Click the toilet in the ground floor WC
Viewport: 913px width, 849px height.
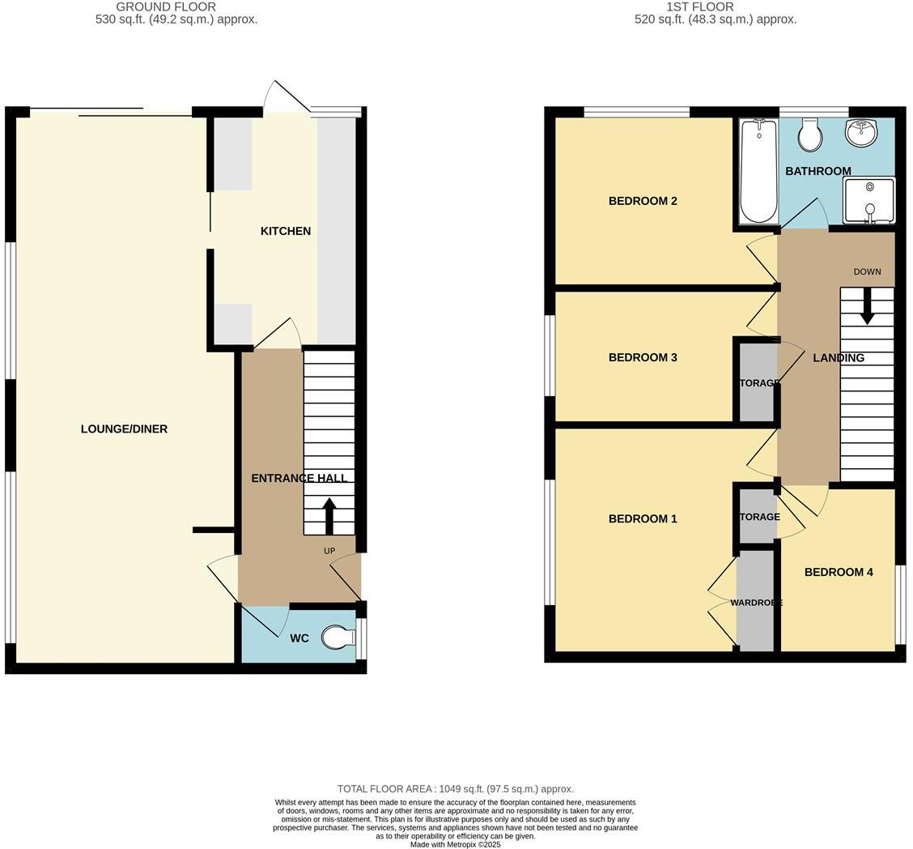338,638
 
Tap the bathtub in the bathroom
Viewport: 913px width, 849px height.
758,170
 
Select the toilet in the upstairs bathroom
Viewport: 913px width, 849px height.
809,134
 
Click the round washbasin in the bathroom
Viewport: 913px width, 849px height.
861,133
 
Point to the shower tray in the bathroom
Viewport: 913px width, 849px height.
869,200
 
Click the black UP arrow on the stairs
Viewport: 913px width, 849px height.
329,515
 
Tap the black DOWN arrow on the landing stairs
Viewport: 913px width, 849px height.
867,306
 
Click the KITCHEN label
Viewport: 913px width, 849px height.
285,231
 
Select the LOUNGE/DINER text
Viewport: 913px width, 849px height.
124,429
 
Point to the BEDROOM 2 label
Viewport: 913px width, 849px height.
643,201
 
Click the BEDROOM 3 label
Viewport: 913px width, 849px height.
643,357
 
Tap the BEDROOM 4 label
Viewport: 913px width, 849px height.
839,572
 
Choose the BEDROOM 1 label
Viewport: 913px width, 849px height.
643,518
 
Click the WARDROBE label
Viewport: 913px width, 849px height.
756,603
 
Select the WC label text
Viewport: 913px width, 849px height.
299,638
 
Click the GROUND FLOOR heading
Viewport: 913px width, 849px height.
166,6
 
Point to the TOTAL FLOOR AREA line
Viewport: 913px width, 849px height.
455,788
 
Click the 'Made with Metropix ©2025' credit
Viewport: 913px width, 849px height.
455,844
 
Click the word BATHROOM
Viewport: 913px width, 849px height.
817,171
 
